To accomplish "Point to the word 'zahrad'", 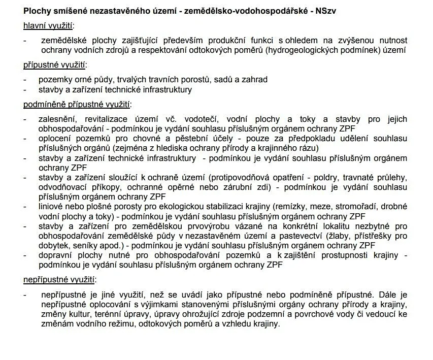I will tap(255, 79).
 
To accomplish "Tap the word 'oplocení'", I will tap(55, 139).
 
